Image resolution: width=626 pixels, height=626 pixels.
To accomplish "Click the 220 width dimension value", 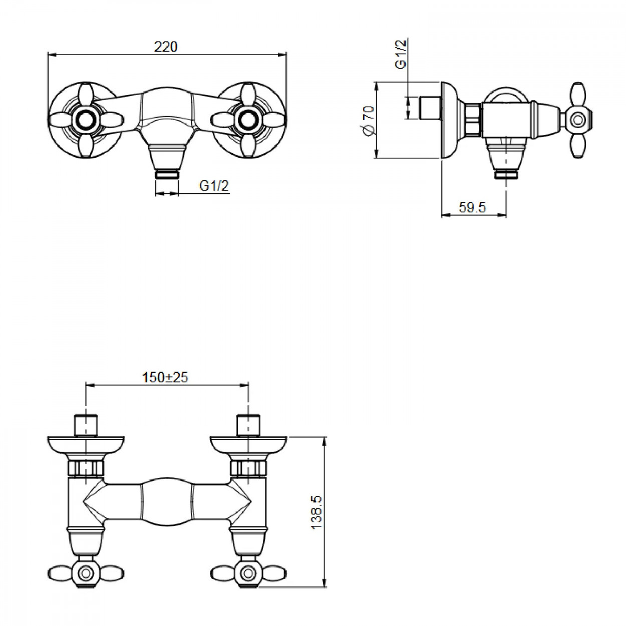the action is coord(166,47).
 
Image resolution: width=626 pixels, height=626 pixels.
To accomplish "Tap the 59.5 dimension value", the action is coord(472,207).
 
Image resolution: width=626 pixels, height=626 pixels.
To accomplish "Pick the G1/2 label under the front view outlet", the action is coord(214,186).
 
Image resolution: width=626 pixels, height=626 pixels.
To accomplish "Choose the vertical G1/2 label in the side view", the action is coord(401,54).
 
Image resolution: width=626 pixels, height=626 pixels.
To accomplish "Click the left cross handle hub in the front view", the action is coord(86,120).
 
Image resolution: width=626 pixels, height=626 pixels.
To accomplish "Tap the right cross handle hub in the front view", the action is coord(248,120).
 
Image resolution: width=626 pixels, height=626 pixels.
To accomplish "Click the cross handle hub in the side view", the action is coord(578,120).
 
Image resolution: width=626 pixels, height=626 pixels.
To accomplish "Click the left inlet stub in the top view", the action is coord(86,425).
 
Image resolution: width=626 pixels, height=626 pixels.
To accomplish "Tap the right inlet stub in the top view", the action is coord(249,425).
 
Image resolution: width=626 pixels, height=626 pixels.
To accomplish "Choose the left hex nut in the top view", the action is coord(86,468).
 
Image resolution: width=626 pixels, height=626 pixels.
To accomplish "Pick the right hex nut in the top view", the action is coord(248,468).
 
